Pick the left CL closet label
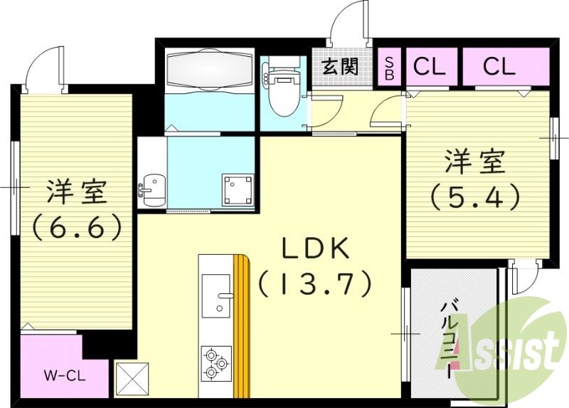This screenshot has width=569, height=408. click(x=430, y=67)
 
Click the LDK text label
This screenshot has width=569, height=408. click(x=314, y=249)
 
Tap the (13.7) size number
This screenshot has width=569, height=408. click(x=314, y=285)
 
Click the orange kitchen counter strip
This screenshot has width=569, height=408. click(x=243, y=328)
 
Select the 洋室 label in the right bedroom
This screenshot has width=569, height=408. click(x=475, y=162)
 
